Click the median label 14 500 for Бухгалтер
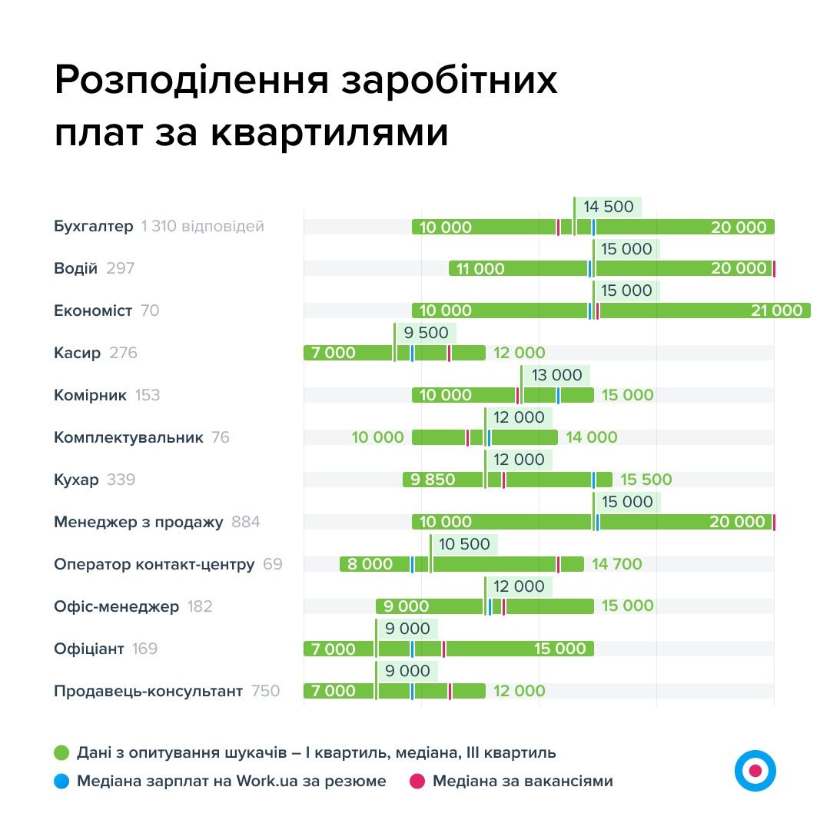pyautogui.click(x=608, y=207)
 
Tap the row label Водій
pyautogui.click(x=75, y=268)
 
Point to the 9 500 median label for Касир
pyautogui.click(x=426, y=334)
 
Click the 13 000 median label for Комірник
pyautogui.click(x=556, y=376)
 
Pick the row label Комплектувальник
pyautogui.click(x=128, y=437)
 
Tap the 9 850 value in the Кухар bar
pyautogui.click(x=433, y=480)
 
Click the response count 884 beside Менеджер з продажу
pyautogui.click(x=246, y=522)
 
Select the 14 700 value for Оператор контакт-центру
pyautogui.click(x=616, y=564)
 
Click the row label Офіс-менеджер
pyautogui.click(x=116, y=606)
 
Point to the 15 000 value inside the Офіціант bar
pyautogui.click(x=559, y=649)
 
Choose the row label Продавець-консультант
pyautogui.click(x=148, y=691)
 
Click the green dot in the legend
pyautogui.click(x=61, y=752)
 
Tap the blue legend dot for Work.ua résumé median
pyautogui.click(x=61, y=781)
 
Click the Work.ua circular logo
pyautogui.click(x=755, y=770)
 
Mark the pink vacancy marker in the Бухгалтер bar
pyautogui.click(x=559, y=227)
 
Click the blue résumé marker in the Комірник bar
pyautogui.click(x=559, y=395)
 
